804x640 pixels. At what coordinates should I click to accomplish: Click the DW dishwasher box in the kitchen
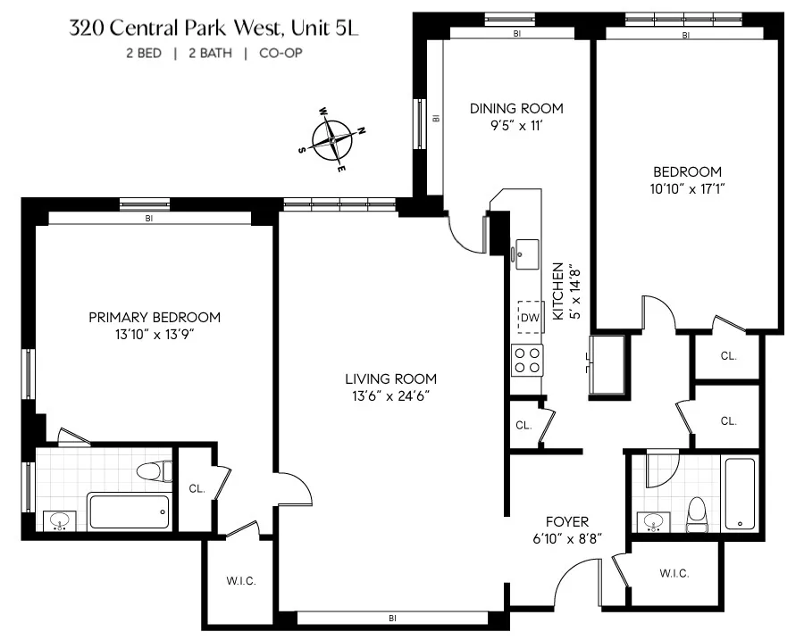click(x=530, y=317)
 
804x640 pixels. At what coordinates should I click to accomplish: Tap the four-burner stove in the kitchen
click(x=527, y=361)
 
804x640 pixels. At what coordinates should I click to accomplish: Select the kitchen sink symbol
click(x=523, y=250)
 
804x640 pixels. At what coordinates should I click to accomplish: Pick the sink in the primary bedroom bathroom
click(x=60, y=520)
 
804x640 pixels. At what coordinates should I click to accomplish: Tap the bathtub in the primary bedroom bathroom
click(x=128, y=511)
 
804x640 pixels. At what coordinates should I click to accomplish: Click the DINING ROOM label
click(x=516, y=109)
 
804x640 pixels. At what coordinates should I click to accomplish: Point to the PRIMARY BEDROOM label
click(x=154, y=317)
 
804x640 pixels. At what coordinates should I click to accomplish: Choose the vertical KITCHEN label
click(x=558, y=291)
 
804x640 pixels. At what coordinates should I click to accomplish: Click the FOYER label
click(x=566, y=521)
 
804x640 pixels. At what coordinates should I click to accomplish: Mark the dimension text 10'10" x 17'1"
click(x=685, y=188)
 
